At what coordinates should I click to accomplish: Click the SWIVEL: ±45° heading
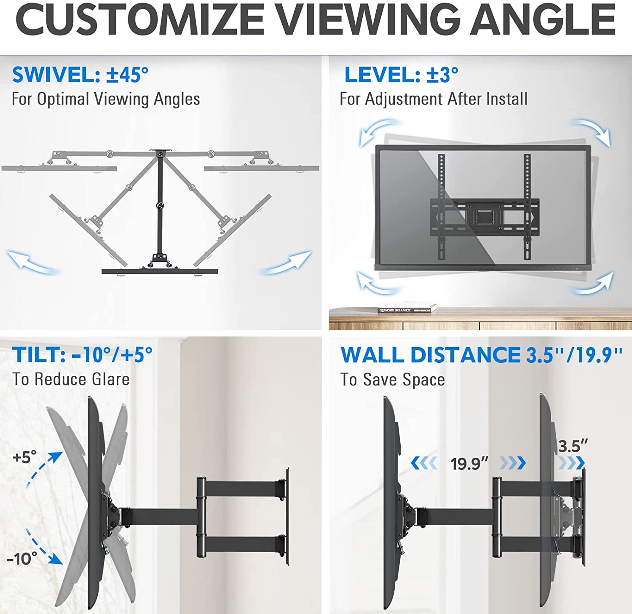pyautogui.click(x=80, y=75)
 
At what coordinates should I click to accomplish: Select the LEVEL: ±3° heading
pyautogui.click(x=401, y=75)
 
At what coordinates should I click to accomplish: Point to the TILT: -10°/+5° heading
pyautogui.click(x=82, y=354)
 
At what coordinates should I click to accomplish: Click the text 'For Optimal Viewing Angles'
pyautogui.click(x=105, y=99)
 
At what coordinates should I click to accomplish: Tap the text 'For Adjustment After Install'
pyautogui.click(x=434, y=99)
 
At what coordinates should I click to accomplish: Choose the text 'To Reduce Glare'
pyautogui.click(x=71, y=379)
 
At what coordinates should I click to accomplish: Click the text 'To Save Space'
pyautogui.click(x=393, y=380)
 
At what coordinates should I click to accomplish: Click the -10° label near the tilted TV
pyautogui.click(x=21, y=559)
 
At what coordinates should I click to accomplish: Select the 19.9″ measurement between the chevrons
pyautogui.click(x=469, y=464)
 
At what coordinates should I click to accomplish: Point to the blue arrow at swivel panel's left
pyautogui.click(x=32, y=261)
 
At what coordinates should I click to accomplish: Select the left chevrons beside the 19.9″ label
pyautogui.click(x=423, y=464)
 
